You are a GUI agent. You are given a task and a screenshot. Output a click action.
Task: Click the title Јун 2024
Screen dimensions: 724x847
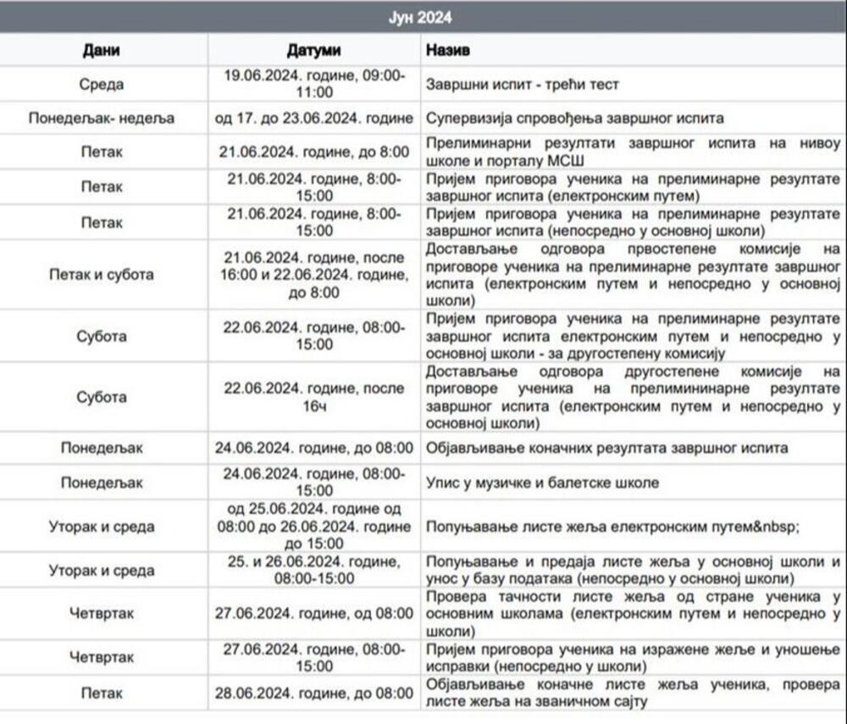click(x=423, y=17)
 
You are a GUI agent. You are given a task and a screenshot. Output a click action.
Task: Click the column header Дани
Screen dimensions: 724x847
click(x=101, y=50)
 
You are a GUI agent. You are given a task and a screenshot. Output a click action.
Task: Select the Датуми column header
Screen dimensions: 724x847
click(x=313, y=50)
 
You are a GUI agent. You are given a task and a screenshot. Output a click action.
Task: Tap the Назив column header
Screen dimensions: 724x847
click(x=448, y=50)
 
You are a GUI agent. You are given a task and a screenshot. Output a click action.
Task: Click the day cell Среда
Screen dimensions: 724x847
click(x=102, y=84)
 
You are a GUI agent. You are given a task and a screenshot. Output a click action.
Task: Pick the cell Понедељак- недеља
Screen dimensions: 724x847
click(x=102, y=118)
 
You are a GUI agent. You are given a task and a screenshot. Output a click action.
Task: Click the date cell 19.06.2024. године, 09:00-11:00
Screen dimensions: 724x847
click(x=314, y=84)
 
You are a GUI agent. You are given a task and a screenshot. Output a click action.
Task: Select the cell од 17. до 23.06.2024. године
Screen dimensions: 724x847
click(x=314, y=118)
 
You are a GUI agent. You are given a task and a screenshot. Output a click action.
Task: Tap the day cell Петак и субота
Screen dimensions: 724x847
click(x=102, y=274)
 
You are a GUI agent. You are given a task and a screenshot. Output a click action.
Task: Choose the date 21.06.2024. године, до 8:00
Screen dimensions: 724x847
click(x=314, y=152)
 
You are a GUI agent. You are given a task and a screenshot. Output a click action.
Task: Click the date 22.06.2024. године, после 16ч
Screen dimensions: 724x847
click(x=314, y=397)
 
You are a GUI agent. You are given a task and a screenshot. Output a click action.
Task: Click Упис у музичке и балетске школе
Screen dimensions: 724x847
click(x=541, y=482)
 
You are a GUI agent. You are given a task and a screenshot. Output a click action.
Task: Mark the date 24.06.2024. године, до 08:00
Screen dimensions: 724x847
click(x=314, y=448)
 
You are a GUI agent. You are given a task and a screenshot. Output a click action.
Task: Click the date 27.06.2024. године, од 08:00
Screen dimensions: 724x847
click(x=314, y=613)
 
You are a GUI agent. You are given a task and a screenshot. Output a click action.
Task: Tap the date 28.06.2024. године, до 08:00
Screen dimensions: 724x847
click(x=314, y=693)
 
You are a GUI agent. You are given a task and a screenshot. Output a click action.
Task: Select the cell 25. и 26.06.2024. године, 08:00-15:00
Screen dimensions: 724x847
click(x=314, y=570)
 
